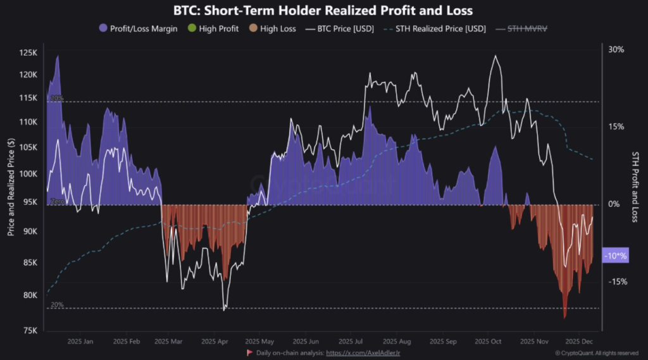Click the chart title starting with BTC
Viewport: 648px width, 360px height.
323,11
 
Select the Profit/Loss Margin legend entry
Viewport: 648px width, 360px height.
143,28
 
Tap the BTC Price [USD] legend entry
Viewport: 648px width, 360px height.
342,28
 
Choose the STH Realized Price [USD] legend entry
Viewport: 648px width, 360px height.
437,28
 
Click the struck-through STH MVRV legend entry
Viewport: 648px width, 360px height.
522,28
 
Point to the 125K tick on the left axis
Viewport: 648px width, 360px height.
29,53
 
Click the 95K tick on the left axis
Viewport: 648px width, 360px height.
30,202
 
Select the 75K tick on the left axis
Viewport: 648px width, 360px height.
30,330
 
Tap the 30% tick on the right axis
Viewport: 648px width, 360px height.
616,49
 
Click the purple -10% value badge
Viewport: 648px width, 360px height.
616,256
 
